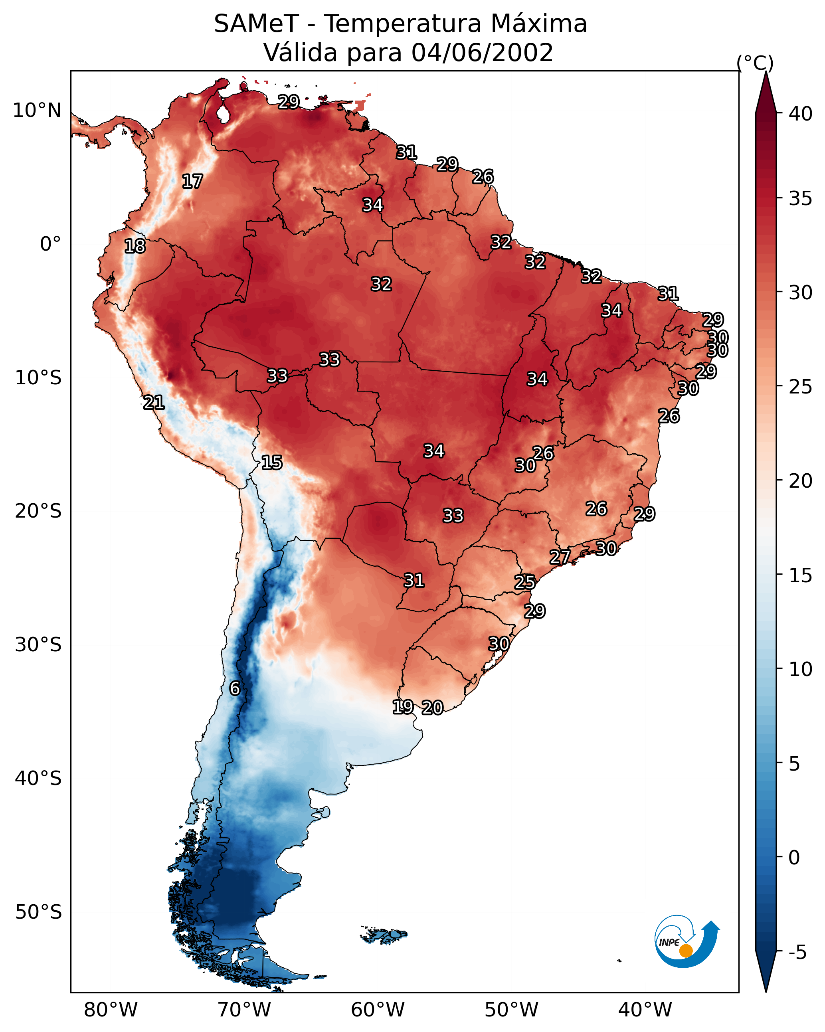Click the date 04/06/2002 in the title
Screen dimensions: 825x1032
click(x=482, y=53)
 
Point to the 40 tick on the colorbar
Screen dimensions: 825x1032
click(x=801, y=114)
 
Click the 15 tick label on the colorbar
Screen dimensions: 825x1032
click(x=801, y=575)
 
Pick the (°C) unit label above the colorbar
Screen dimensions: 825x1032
click(x=755, y=63)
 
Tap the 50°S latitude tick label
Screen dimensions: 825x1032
click(x=38, y=912)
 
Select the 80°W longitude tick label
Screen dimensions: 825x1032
click(x=111, y=1010)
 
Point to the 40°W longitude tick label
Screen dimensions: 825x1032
click(x=645, y=1010)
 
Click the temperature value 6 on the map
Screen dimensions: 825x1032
click(x=235, y=688)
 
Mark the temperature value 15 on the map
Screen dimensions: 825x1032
click(x=271, y=463)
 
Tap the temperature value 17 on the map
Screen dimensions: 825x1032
click(x=192, y=182)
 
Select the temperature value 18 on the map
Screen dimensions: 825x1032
click(x=135, y=246)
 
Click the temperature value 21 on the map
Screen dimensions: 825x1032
click(x=154, y=403)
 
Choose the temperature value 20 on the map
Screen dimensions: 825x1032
click(x=432, y=708)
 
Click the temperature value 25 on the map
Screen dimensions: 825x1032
click(x=525, y=582)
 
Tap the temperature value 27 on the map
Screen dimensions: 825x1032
click(x=560, y=557)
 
